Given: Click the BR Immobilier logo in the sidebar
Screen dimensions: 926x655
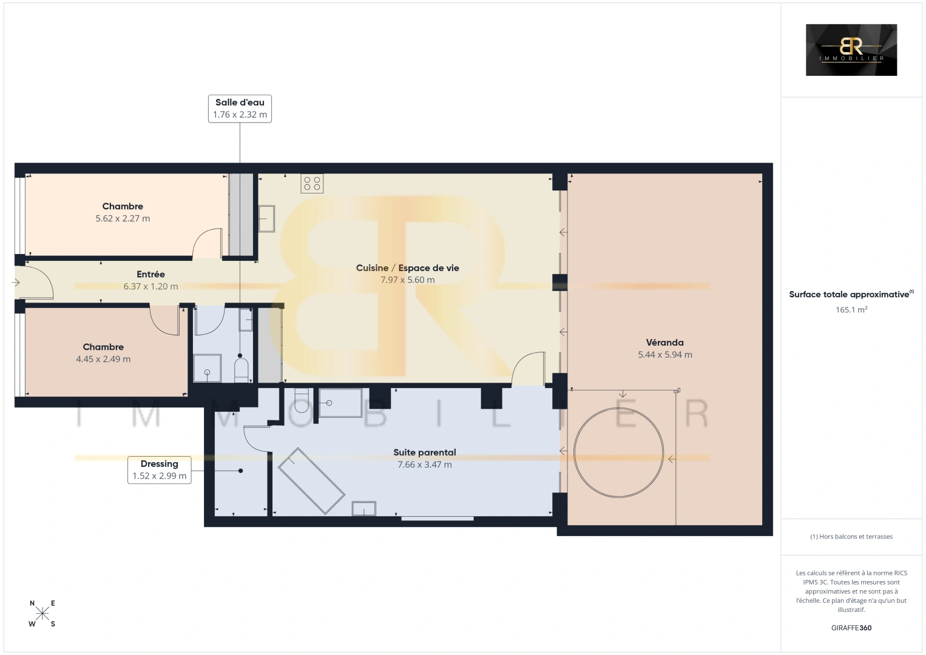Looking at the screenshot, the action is [x=851, y=50].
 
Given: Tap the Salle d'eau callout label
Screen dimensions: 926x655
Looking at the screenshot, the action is [x=240, y=109].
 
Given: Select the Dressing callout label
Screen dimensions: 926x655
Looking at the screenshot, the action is [x=159, y=470].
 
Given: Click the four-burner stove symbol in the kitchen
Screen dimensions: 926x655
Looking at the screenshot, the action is [x=312, y=184].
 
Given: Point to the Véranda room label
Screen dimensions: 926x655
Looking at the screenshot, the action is [x=664, y=343].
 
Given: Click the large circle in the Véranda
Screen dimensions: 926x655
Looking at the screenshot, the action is [x=574, y=452].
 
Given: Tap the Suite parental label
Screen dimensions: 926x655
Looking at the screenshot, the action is [x=425, y=452].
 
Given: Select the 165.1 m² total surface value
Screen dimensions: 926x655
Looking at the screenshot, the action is [x=851, y=309].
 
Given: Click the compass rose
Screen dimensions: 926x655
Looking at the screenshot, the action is [x=42, y=613].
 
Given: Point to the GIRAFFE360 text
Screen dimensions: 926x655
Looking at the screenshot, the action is [x=851, y=628].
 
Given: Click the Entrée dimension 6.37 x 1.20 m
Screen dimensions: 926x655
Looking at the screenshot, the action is [x=151, y=286].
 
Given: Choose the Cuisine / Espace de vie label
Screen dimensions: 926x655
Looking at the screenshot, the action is [x=408, y=268].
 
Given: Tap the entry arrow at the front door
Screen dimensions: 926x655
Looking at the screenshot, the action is [x=16, y=283].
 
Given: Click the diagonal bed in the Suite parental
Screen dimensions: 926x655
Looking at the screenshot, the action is [x=311, y=481].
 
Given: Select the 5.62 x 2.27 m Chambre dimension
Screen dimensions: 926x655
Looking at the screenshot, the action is [x=123, y=218].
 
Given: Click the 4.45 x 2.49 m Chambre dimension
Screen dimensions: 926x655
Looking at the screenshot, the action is [x=103, y=359].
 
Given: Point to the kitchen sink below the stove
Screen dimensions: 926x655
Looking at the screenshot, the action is [x=266, y=218].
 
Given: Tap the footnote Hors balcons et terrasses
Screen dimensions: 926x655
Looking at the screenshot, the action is [x=851, y=536].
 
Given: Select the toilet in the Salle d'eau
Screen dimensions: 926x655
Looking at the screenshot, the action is [x=242, y=371].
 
